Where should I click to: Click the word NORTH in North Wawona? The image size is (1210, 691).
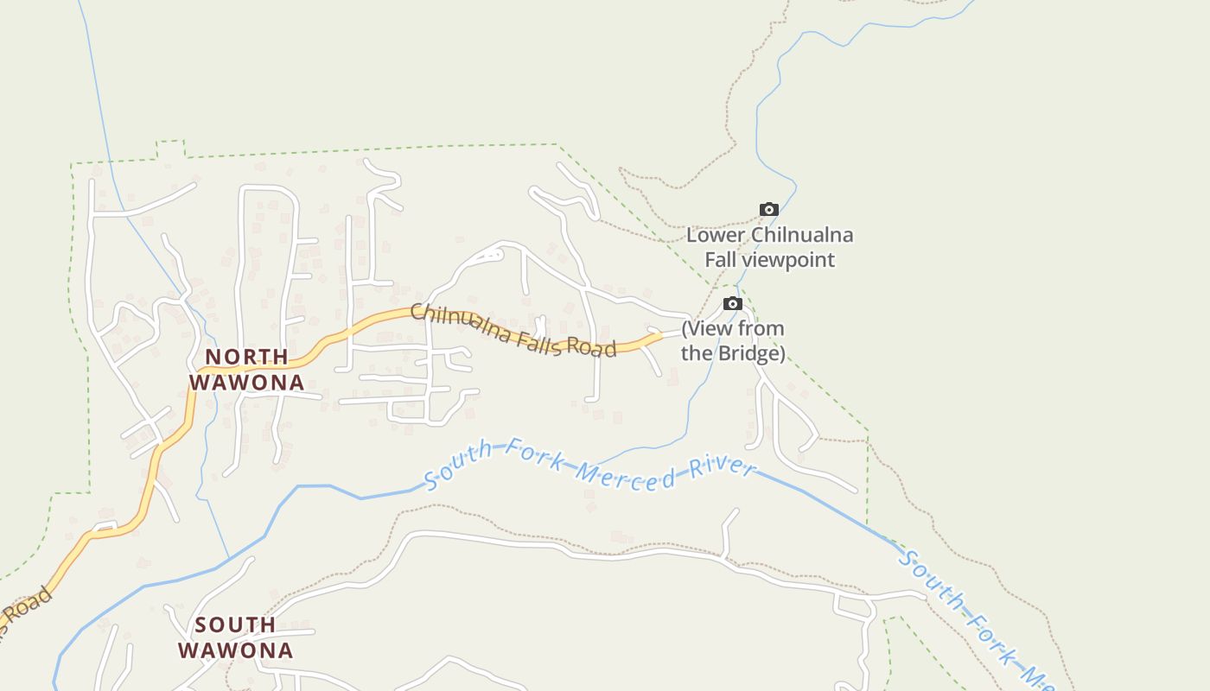click(246, 357)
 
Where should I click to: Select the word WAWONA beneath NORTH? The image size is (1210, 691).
click(246, 382)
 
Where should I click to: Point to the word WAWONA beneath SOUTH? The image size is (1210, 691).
click(236, 650)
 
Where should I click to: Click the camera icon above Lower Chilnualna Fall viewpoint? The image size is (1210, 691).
click(768, 209)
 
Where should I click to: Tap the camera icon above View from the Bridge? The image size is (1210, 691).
click(732, 303)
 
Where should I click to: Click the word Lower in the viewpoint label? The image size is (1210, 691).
click(716, 235)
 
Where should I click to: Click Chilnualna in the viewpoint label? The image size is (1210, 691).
click(801, 235)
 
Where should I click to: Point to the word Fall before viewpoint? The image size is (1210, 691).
click(720, 260)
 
